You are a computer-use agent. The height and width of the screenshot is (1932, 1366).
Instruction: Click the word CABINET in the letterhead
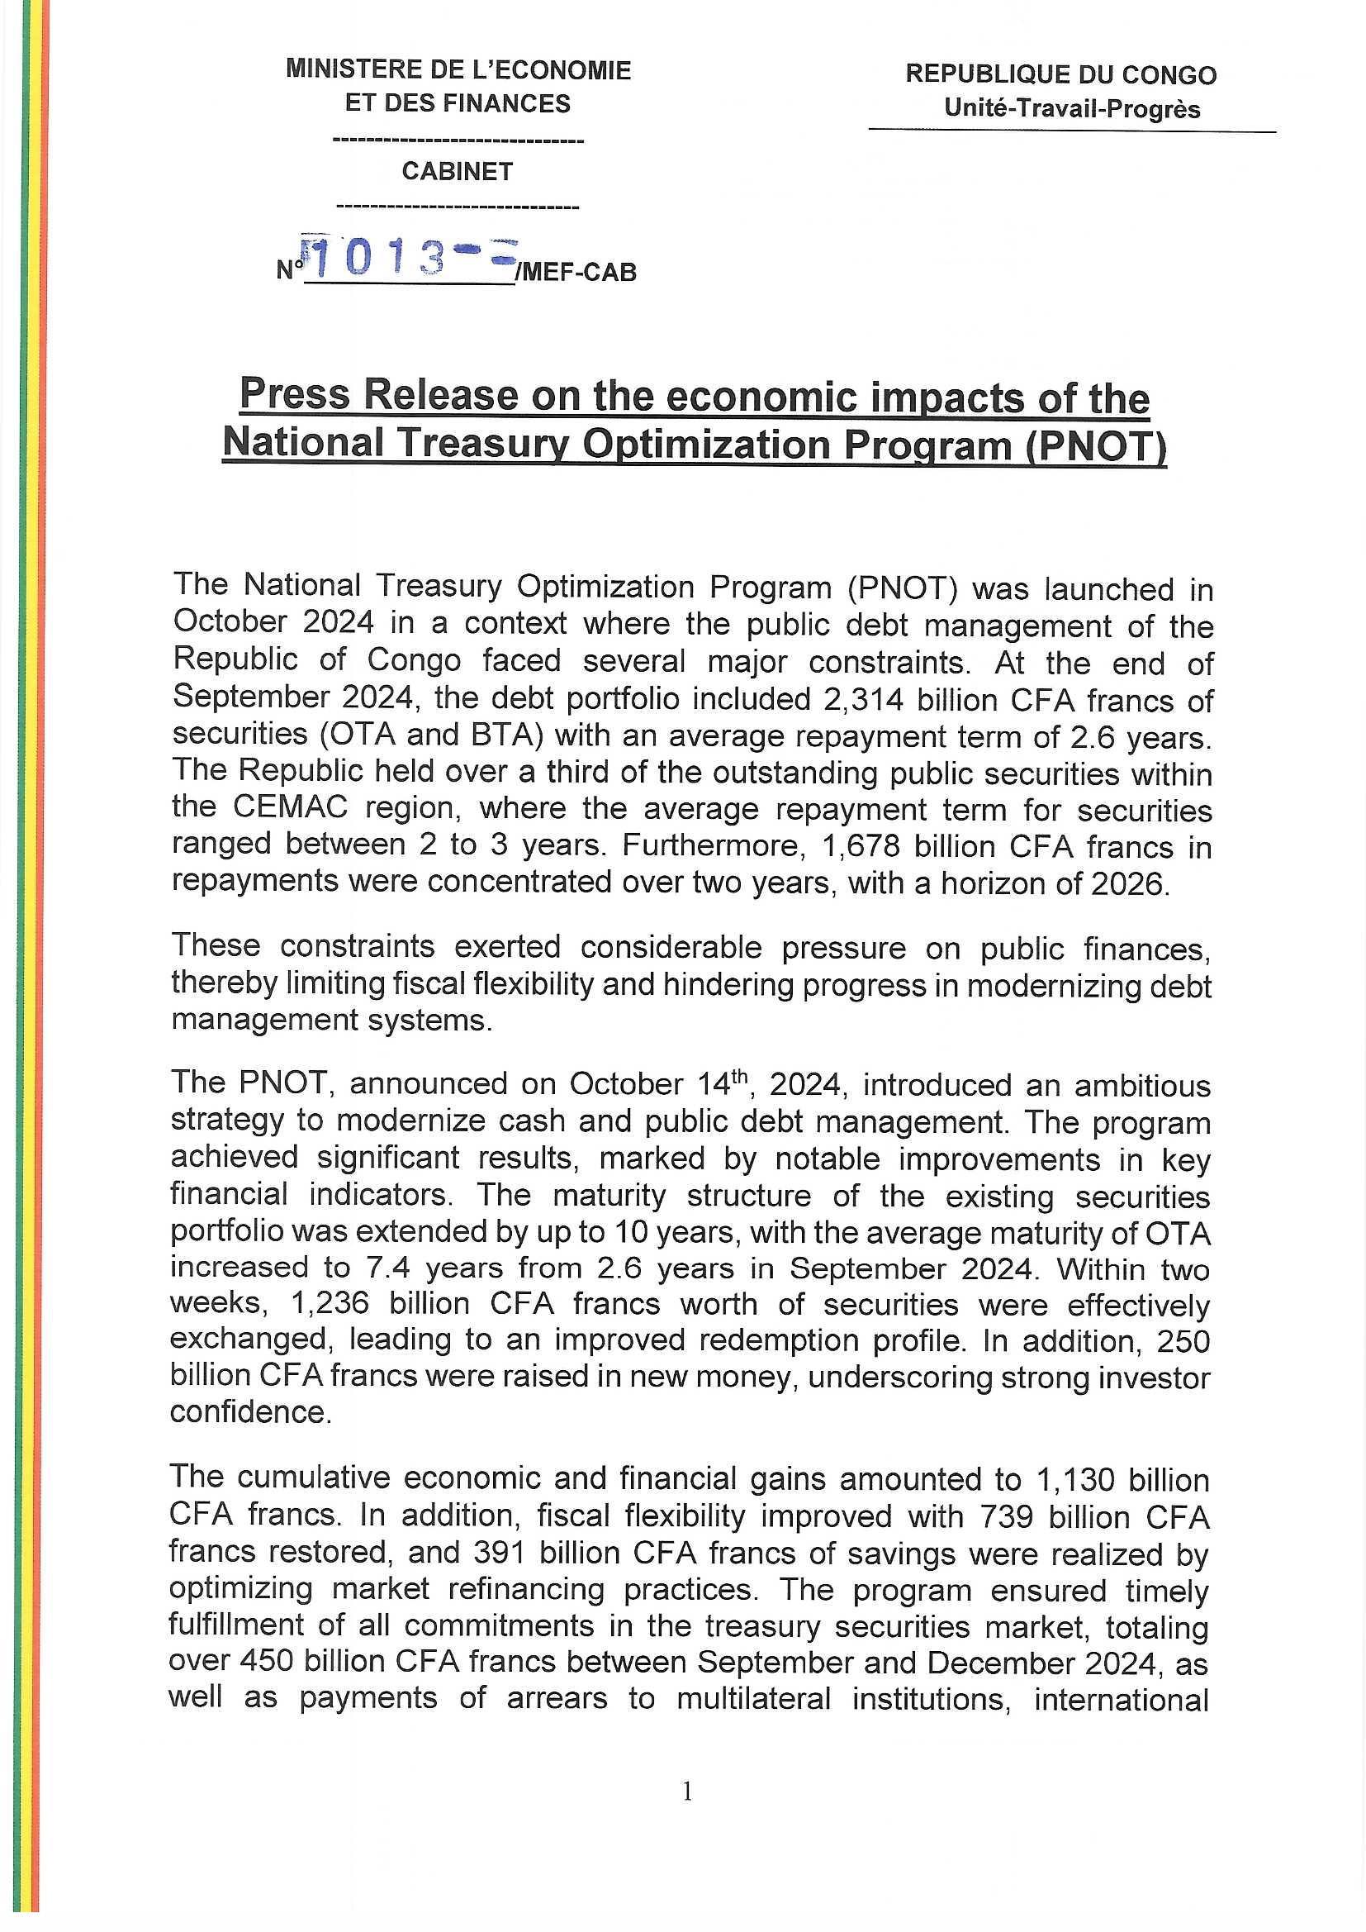point(457,172)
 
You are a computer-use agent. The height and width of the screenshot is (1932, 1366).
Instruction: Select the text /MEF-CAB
point(579,273)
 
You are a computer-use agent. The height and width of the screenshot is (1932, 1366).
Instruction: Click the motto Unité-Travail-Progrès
point(1072,109)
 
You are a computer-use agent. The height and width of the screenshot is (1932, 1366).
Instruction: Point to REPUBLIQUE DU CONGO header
point(1060,75)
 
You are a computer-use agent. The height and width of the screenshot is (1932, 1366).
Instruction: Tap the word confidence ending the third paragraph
point(248,1411)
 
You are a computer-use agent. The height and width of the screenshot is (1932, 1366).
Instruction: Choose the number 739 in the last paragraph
point(1009,1516)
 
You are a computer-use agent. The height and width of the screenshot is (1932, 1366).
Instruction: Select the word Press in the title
point(293,395)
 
